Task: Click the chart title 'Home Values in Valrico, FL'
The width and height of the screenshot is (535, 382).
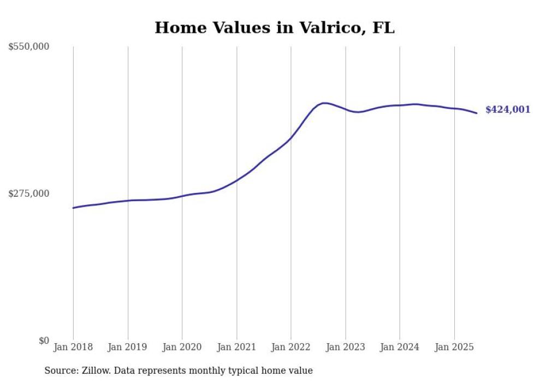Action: coord(274,28)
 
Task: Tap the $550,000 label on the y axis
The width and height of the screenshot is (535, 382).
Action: coord(29,47)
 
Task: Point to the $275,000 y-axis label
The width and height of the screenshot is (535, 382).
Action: coord(29,193)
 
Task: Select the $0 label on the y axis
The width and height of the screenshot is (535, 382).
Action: coord(44,340)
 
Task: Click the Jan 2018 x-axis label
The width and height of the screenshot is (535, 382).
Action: coord(73,347)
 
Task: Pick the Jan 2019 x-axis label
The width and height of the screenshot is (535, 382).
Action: coord(128,347)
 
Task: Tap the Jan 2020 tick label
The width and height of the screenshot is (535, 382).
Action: coord(182,347)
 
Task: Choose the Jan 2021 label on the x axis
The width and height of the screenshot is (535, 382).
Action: coord(236,347)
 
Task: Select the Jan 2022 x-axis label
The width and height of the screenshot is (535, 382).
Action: coord(290,347)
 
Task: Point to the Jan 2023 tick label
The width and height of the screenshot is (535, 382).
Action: coord(345,347)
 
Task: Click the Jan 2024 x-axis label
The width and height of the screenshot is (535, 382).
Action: coord(400,347)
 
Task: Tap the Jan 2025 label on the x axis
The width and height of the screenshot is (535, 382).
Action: coord(454,347)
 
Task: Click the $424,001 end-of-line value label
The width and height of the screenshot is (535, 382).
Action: coord(507,110)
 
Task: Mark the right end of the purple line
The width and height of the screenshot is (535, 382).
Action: coord(477,113)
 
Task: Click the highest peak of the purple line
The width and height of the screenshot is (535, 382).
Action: coord(325,103)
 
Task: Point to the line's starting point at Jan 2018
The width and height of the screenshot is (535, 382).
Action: coord(73,208)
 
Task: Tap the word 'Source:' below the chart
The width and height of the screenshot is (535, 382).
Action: coord(59,371)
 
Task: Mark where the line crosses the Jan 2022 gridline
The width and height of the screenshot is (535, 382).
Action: coord(290,138)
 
